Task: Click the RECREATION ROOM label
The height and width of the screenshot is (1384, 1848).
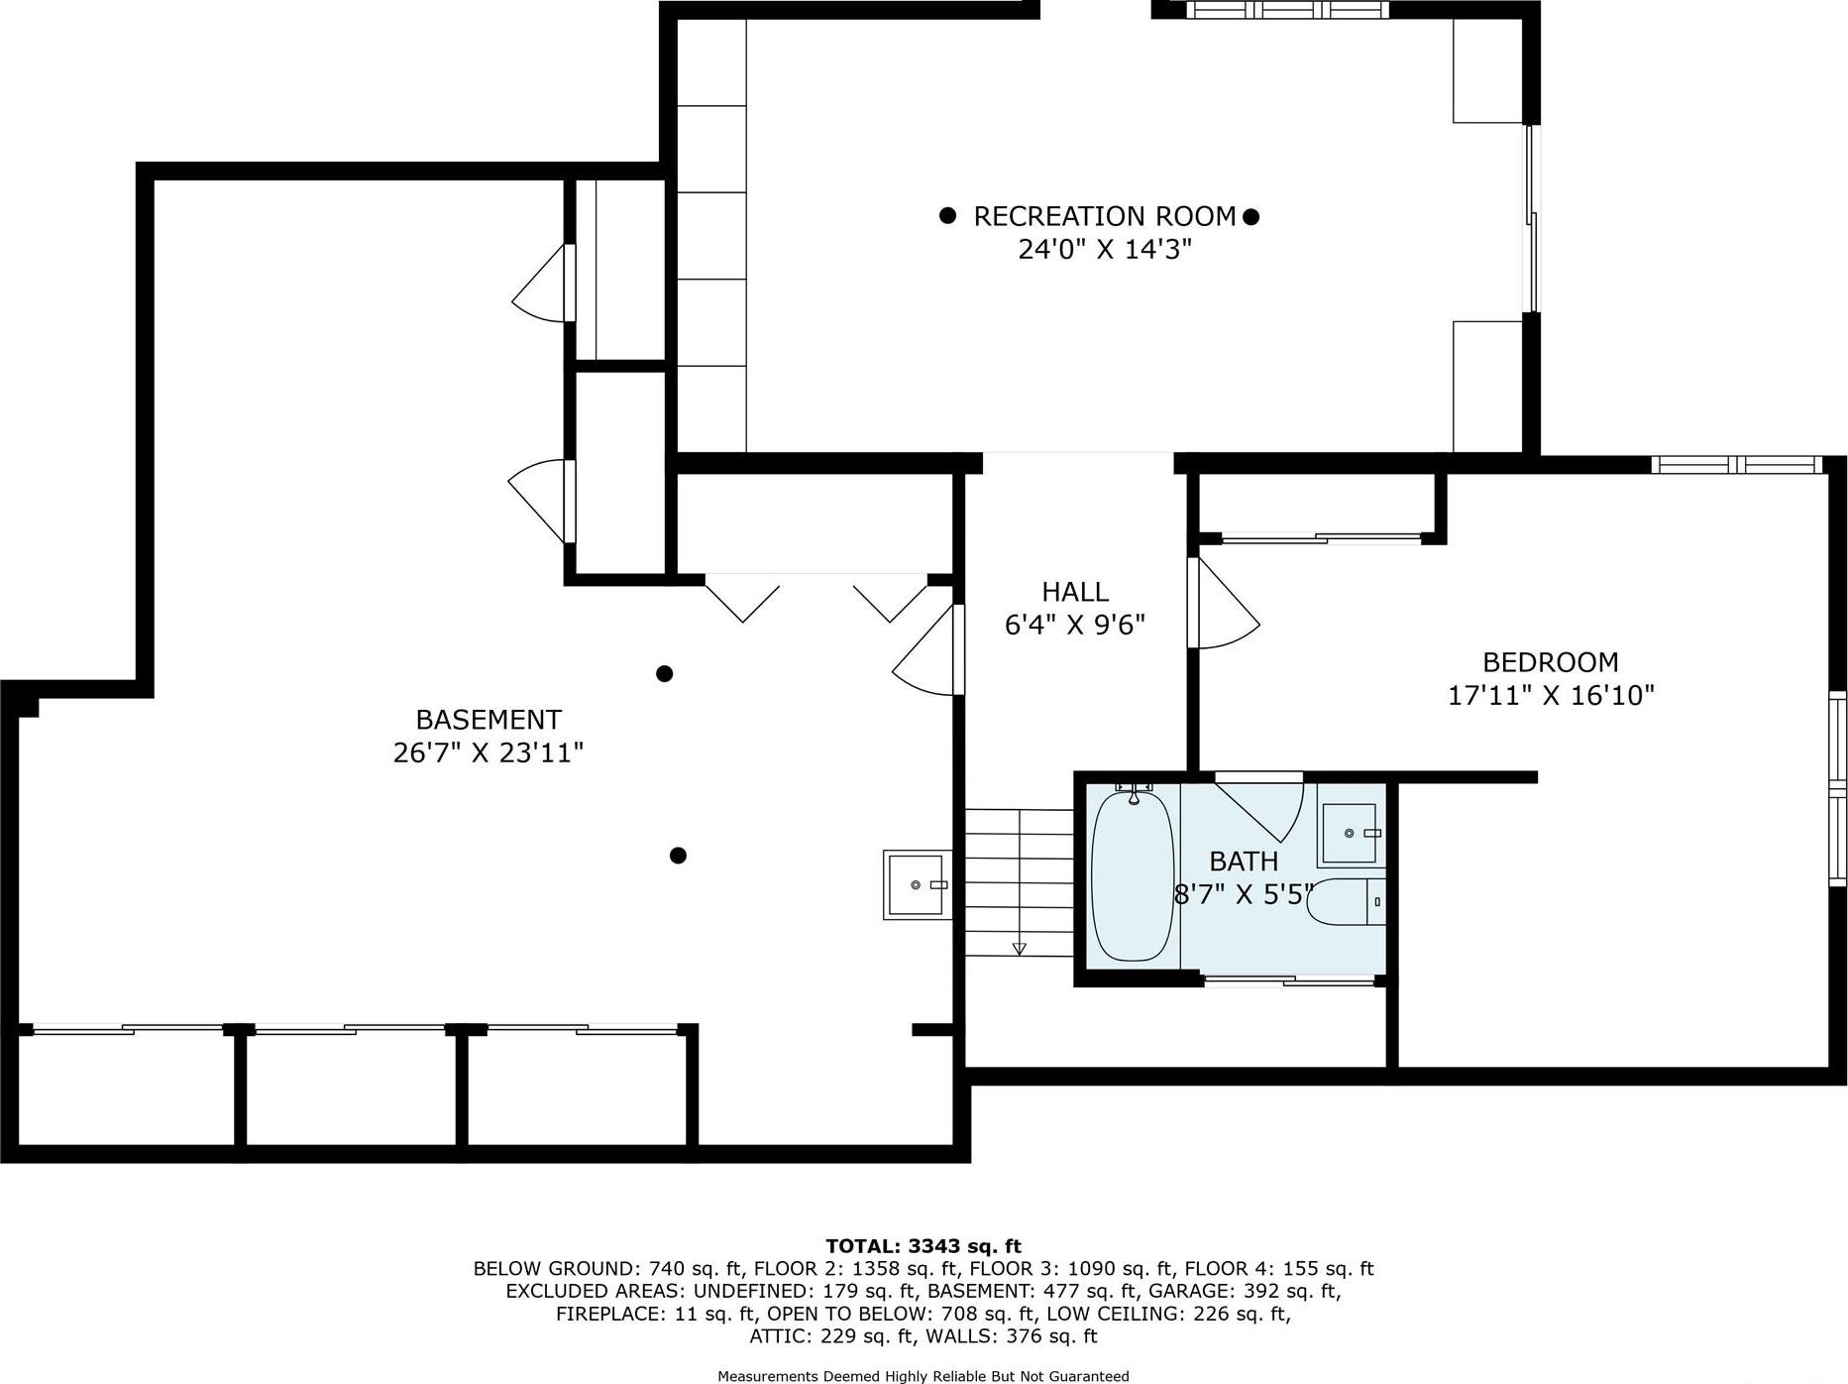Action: point(1104,216)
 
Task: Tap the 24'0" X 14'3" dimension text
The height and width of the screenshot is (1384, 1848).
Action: point(1104,249)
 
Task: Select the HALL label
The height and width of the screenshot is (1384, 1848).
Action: point(1074,592)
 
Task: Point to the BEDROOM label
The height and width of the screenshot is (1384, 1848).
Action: point(1550,662)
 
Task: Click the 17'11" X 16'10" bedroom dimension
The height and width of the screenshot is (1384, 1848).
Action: point(1551,695)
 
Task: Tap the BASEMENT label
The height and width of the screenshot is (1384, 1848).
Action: point(488,720)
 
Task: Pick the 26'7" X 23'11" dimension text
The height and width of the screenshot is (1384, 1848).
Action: point(488,753)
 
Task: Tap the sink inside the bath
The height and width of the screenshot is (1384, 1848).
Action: point(1350,834)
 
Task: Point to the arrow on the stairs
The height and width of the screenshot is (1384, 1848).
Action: point(1019,949)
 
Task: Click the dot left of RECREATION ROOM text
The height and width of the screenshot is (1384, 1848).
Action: point(947,215)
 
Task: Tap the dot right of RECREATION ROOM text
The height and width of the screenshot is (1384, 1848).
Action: point(1250,216)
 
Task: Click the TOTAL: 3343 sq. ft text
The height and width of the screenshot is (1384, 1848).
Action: point(923,1246)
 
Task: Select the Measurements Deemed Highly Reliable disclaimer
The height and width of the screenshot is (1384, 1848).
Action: point(923,1376)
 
